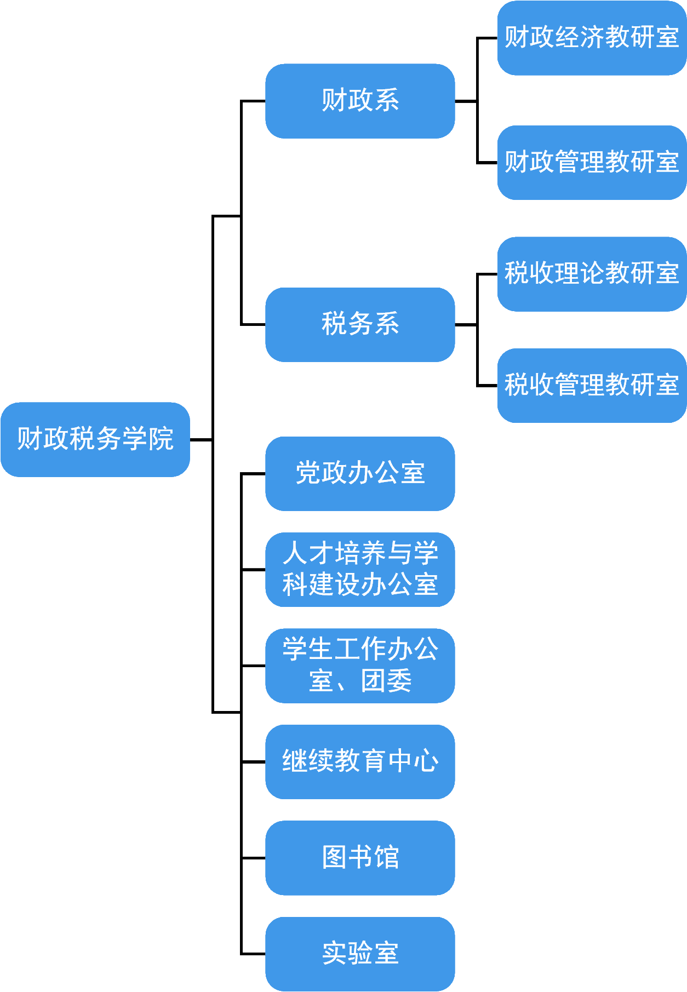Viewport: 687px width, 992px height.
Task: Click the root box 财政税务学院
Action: (95, 439)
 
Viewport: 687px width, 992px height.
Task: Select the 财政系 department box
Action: (360, 101)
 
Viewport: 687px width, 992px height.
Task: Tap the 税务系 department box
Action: (360, 324)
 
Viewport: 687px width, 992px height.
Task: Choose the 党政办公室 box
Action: (360, 473)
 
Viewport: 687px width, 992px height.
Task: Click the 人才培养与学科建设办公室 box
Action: (360, 569)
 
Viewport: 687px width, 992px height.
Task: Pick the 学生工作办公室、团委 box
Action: (360, 665)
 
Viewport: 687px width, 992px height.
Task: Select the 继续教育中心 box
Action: (360, 761)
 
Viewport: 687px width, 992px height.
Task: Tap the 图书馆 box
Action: (360, 857)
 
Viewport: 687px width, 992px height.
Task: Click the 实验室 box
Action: (360, 953)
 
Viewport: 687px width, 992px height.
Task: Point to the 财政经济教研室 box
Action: (592, 37)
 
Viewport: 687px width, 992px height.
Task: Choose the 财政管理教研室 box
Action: (592, 162)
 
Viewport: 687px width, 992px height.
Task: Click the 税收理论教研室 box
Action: (592, 273)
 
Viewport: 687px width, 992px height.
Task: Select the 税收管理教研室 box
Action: (592, 385)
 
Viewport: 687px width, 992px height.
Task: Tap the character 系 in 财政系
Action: (386, 101)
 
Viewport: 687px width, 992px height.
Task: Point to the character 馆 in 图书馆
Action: (386, 857)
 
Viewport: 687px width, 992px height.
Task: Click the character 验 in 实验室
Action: (360, 953)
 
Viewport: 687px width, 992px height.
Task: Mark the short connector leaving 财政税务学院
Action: (201, 439)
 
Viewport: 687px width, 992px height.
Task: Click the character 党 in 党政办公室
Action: (308, 473)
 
